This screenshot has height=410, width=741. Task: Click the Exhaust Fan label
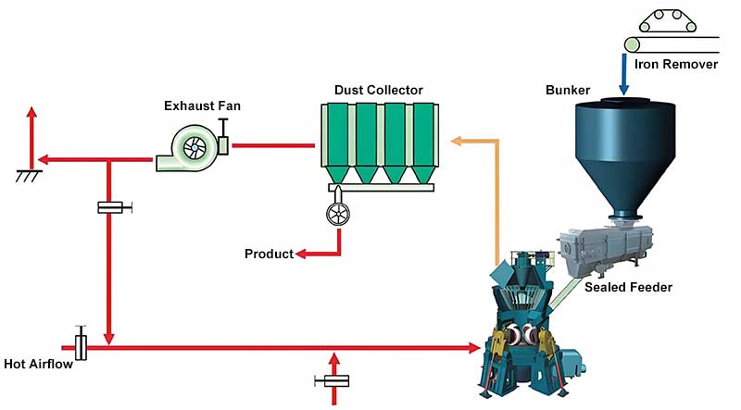(202, 106)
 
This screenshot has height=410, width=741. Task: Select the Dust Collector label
(378, 90)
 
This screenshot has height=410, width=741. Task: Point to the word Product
(269, 254)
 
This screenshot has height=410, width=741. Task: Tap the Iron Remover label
(676, 65)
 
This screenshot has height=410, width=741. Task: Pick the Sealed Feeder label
(628, 287)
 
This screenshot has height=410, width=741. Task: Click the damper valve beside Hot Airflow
(82, 347)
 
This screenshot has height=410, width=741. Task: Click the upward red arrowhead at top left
(31, 113)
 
